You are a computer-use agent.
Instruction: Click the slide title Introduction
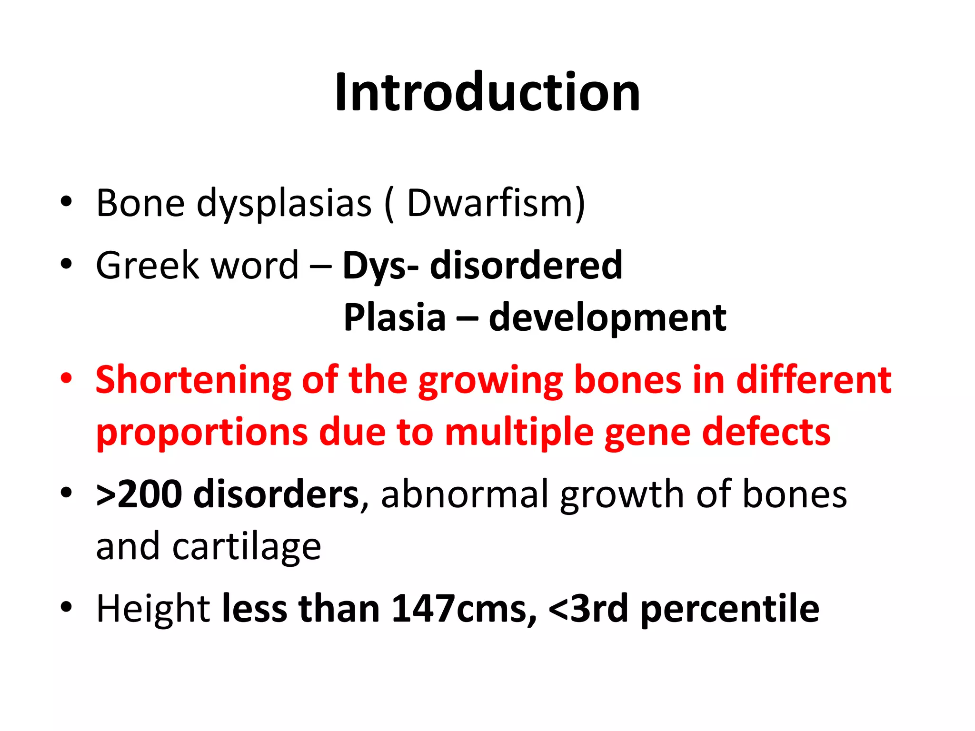pos(487,92)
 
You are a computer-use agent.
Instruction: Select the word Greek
pos(147,265)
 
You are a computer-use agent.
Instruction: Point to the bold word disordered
pos(526,265)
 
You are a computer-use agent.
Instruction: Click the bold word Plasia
pos(395,317)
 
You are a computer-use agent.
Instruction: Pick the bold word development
pos(607,318)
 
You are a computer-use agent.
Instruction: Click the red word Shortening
pos(193,381)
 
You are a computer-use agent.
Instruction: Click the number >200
pos(139,494)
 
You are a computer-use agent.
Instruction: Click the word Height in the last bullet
pos(153,609)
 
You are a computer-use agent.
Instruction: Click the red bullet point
pos(66,379)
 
